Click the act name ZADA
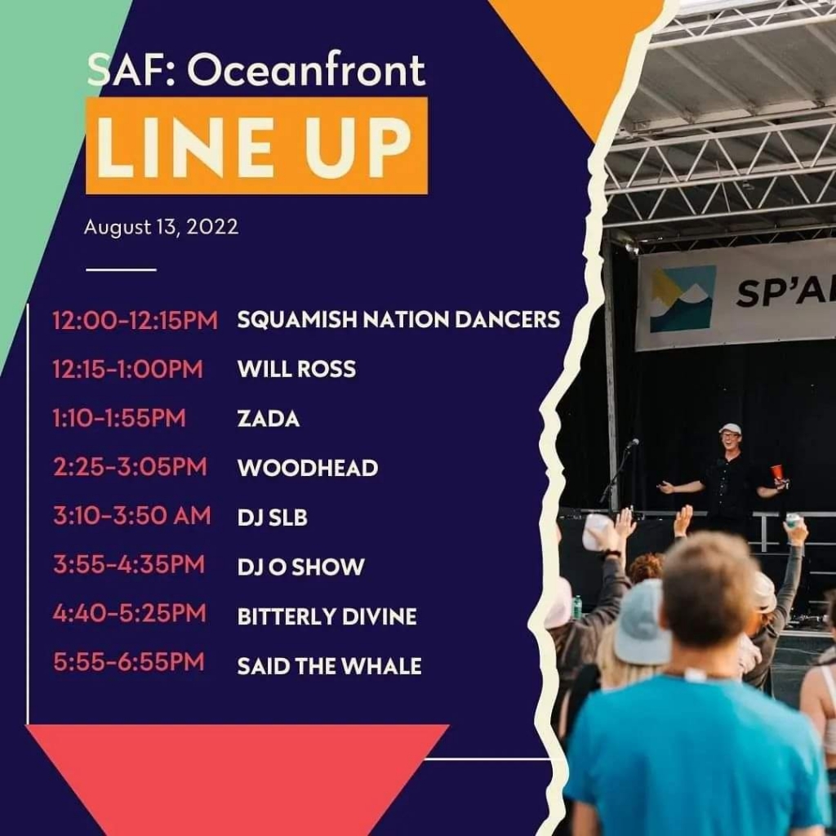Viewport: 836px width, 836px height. tap(268, 419)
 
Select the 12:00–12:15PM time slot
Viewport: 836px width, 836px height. tap(136, 320)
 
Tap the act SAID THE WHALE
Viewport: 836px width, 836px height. tap(329, 666)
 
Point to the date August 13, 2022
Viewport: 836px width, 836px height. tap(161, 227)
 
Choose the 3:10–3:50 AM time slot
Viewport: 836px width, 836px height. tap(132, 516)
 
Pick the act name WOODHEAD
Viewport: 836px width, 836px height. tap(308, 468)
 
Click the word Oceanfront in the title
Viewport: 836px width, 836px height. tap(306, 70)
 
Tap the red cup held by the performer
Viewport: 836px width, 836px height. tap(777, 473)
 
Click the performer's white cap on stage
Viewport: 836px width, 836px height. tap(730, 429)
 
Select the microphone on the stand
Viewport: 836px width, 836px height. tap(633, 443)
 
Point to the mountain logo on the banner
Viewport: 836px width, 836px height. tap(683, 299)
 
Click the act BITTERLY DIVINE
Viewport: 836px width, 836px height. tap(327, 617)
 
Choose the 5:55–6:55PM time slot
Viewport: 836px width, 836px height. tap(129, 661)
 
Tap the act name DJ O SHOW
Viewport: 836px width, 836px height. tap(300, 567)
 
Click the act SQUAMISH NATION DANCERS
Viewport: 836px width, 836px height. tap(398, 319)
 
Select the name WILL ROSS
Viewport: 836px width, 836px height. tap(296, 369)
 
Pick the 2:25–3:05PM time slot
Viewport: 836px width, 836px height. tap(130, 467)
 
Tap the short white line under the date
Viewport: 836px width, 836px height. tap(121, 269)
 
